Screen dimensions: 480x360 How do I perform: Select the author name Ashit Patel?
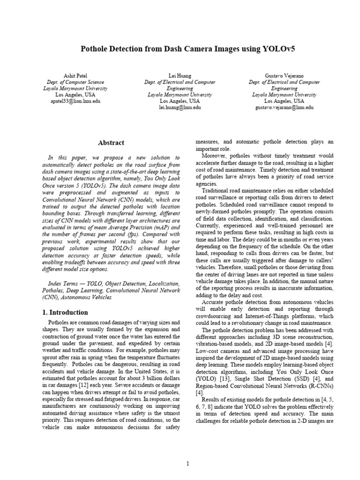click(x=75, y=75)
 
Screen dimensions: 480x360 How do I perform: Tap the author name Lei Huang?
click(x=180, y=75)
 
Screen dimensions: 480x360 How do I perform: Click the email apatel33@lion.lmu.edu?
click(x=75, y=101)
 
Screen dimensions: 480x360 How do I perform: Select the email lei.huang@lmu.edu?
click(x=180, y=107)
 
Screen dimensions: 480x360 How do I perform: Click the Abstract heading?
click(x=111, y=143)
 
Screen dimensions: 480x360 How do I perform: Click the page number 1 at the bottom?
click(x=187, y=464)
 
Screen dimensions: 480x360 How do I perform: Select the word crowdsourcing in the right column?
click(x=215, y=316)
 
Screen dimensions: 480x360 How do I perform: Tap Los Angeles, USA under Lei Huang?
click(x=180, y=101)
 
